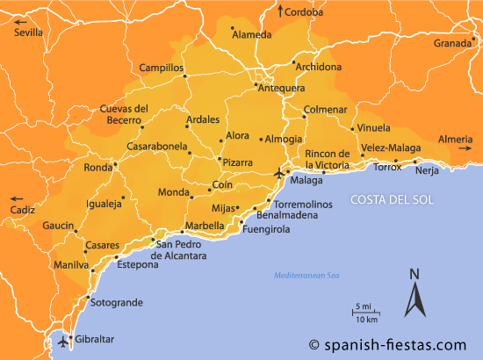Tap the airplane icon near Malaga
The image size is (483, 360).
(x=280, y=172)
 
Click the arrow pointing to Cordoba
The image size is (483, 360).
(x=281, y=11)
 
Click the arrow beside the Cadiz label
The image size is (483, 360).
(x=11, y=198)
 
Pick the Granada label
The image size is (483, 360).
(x=452, y=43)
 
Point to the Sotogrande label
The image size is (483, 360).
(x=116, y=303)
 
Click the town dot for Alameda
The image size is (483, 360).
(x=232, y=28)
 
